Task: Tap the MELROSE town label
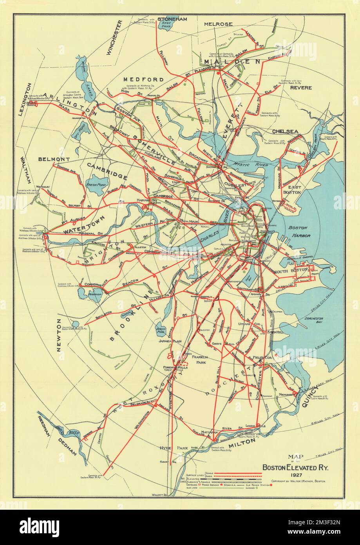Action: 218,24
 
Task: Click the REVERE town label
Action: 301,88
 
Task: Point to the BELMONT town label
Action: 54,159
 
